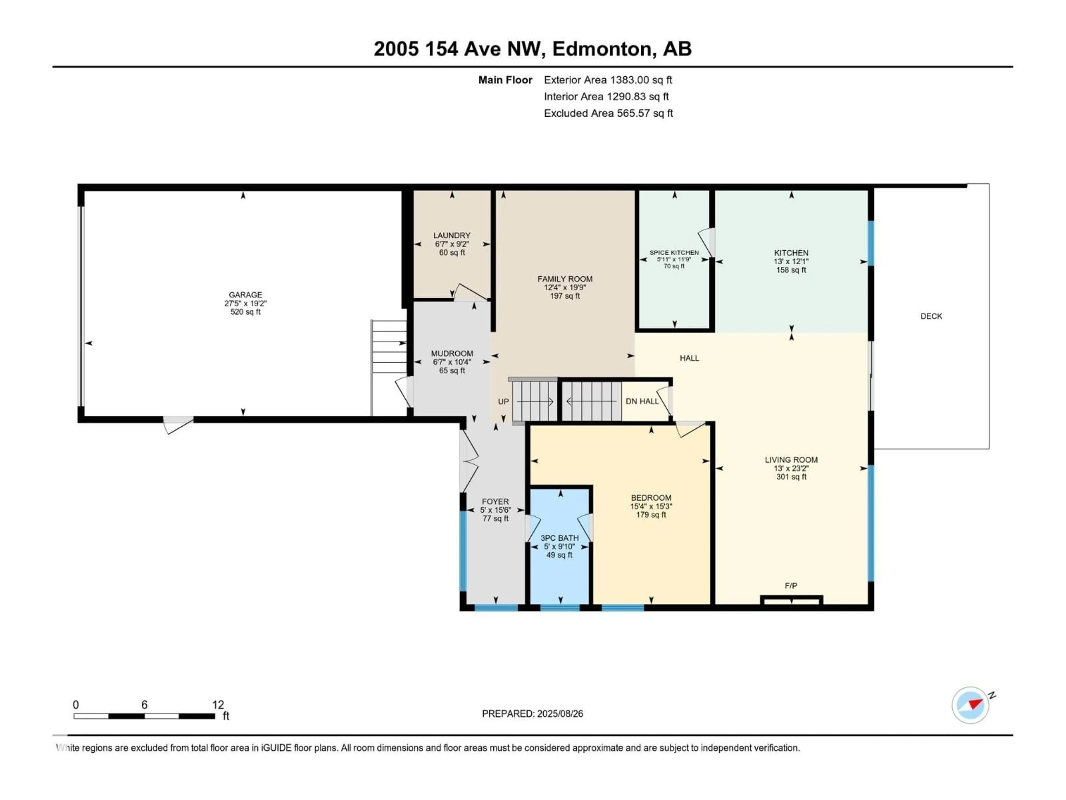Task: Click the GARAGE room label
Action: pyautogui.click(x=245, y=295)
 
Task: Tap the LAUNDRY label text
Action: pyautogui.click(x=452, y=235)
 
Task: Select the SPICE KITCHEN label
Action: pyautogui.click(x=674, y=253)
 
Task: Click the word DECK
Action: pyautogui.click(x=931, y=316)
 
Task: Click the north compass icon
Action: pyautogui.click(x=970, y=705)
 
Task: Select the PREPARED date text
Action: pyautogui.click(x=532, y=714)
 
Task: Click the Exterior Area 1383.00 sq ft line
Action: pyautogui.click(x=608, y=80)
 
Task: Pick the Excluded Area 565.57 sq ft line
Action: pyautogui.click(x=608, y=113)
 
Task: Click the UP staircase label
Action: pyautogui.click(x=503, y=402)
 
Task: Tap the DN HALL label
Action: pyautogui.click(x=642, y=401)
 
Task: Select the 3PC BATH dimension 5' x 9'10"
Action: pyautogui.click(x=559, y=547)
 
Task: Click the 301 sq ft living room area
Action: pyautogui.click(x=791, y=477)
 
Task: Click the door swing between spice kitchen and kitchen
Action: pyautogui.click(x=707, y=242)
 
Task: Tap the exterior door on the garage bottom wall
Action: pyautogui.click(x=178, y=425)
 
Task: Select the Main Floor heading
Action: pyautogui.click(x=505, y=80)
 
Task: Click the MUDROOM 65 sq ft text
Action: pyautogui.click(x=452, y=371)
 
